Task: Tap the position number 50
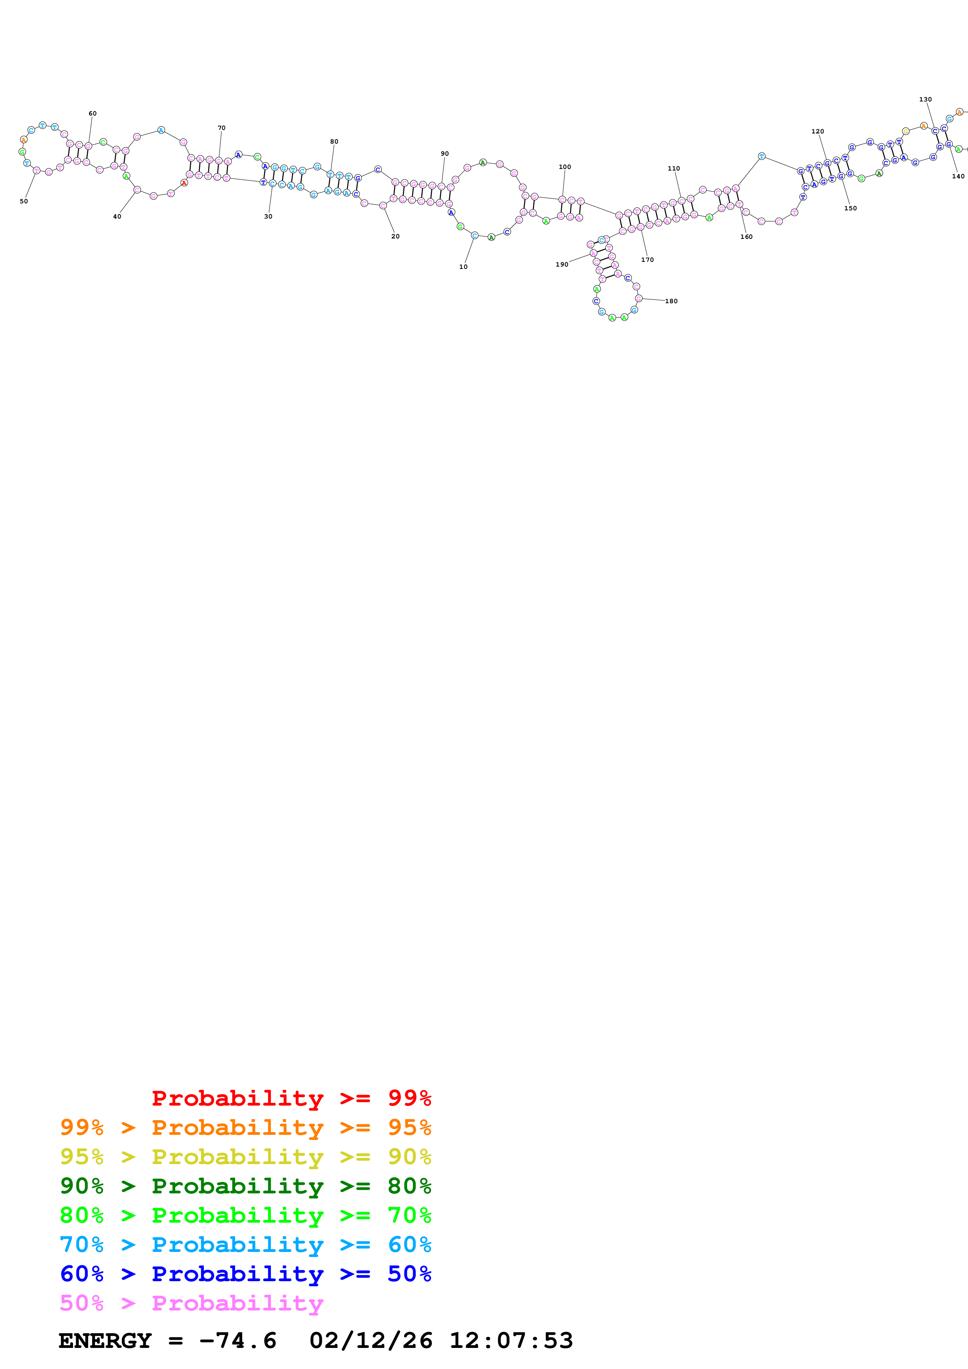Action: [x=24, y=201]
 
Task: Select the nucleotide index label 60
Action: [x=93, y=113]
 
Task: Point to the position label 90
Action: [x=444, y=153]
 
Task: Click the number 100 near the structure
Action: [x=564, y=167]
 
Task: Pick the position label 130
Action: [x=925, y=100]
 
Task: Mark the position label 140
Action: [x=958, y=176]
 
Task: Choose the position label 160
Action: [x=746, y=237]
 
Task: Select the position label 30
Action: [x=268, y=217]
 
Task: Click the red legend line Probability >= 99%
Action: [x=291, y=1098]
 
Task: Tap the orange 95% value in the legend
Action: [x=409, y=1127]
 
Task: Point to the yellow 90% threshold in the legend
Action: [x=409, y=1156]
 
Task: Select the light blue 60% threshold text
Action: [x=409, y=1245]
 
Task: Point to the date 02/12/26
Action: [x=371, y=1341]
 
